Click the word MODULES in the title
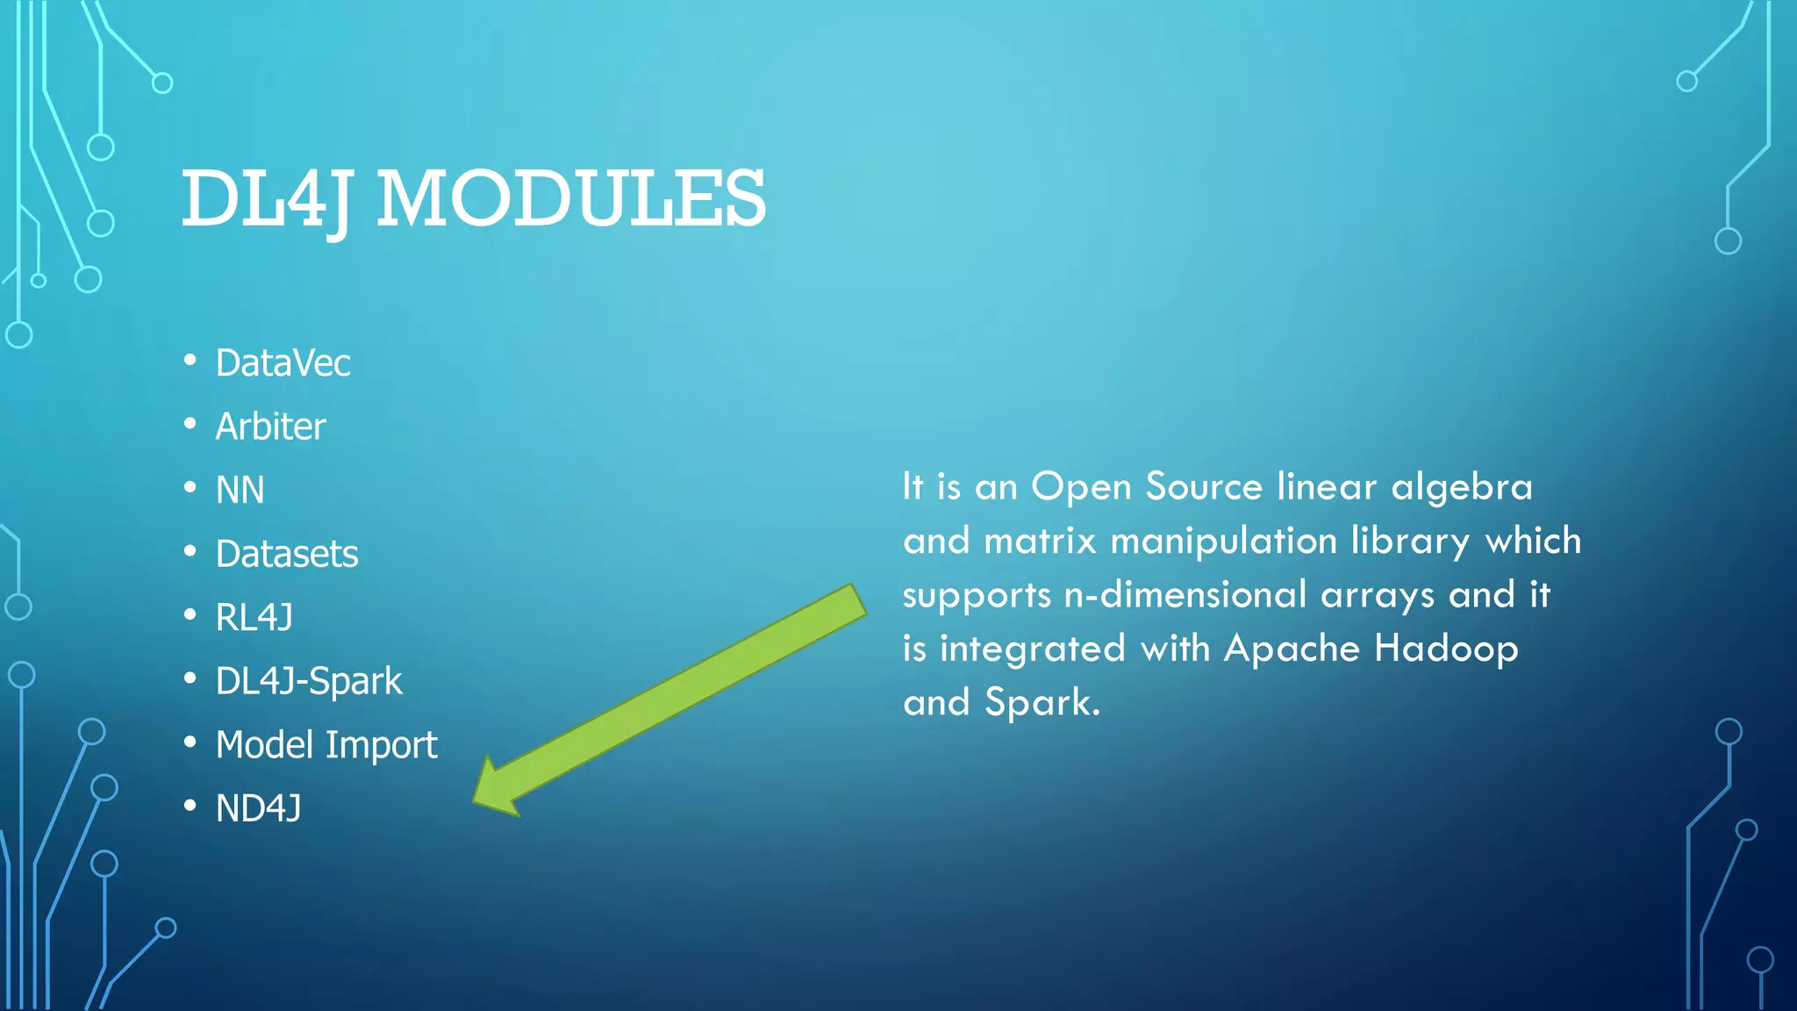point(571,198)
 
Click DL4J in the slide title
point(268,200)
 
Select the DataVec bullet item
point(283,363)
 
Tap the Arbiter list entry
point(270,427)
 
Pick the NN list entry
point(240,491)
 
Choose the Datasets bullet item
point(287,555)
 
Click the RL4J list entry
point(254,618)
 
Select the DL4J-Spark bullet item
point(309,682)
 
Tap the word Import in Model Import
point(381,746)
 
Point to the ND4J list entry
point(258,809)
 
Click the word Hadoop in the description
point(1445,649)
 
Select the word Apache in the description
point(1292,649)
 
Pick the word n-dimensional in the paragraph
point(1185,595)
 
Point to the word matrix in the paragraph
point(1040,541)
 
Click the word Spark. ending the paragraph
point(1042,703)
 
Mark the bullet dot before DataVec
point(190,360)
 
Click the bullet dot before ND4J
point(190,806)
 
